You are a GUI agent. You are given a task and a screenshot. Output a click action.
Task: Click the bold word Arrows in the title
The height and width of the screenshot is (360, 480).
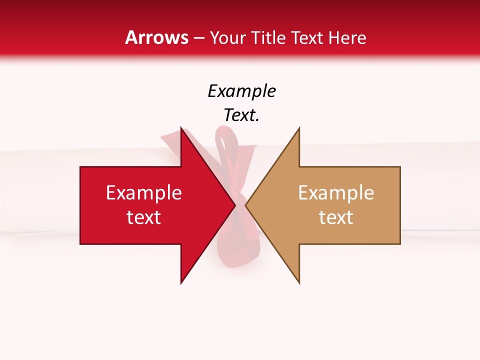(157, 37)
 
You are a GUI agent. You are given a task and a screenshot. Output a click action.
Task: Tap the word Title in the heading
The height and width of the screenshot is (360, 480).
(268, 38)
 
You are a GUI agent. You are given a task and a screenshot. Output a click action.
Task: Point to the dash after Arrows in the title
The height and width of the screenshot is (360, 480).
(199, 38)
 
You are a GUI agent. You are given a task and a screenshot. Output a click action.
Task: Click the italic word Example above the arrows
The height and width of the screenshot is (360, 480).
(241, 91)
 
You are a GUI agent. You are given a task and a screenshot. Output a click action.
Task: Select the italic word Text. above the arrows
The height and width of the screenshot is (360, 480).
(241, 115)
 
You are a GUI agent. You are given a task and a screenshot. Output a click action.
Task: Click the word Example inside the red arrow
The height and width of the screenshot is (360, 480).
(143, 193)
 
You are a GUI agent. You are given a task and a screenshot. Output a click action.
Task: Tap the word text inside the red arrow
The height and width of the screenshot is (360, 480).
(143, 217)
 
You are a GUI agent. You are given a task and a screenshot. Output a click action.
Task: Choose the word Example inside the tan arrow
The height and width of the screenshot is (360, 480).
(336, 193)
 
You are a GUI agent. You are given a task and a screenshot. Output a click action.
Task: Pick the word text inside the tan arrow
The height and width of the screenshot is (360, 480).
(336, 217)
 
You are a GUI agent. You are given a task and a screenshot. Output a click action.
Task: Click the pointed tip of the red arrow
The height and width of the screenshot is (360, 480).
(235, 205)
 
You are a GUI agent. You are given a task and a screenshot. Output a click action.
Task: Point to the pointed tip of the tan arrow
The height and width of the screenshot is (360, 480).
(246, 205)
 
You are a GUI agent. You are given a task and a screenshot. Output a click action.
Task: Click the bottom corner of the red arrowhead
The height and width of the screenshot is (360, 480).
(181, 283)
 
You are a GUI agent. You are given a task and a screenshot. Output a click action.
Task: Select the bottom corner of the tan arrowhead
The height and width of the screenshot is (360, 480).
(299, 283)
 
